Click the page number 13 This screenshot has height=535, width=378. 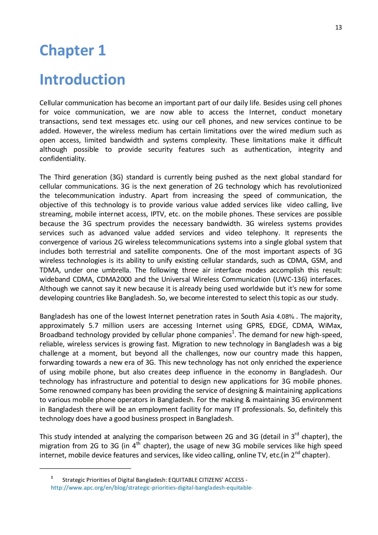pos(338,27)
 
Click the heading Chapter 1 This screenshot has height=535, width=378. pos(73,51)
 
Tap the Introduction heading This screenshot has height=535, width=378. pos(82,80)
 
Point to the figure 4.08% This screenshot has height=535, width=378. pos(285,317)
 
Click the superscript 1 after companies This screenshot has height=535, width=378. pos(233,333)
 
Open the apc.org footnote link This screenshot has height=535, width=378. pos(151,488)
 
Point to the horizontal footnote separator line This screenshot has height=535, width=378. pos(85,469)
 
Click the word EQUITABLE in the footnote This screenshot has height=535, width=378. pos(186,480)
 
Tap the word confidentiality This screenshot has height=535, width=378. pos(62,159)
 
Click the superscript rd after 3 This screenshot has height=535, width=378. pos(297,434)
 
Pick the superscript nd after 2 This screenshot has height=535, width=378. pos(297,453)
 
